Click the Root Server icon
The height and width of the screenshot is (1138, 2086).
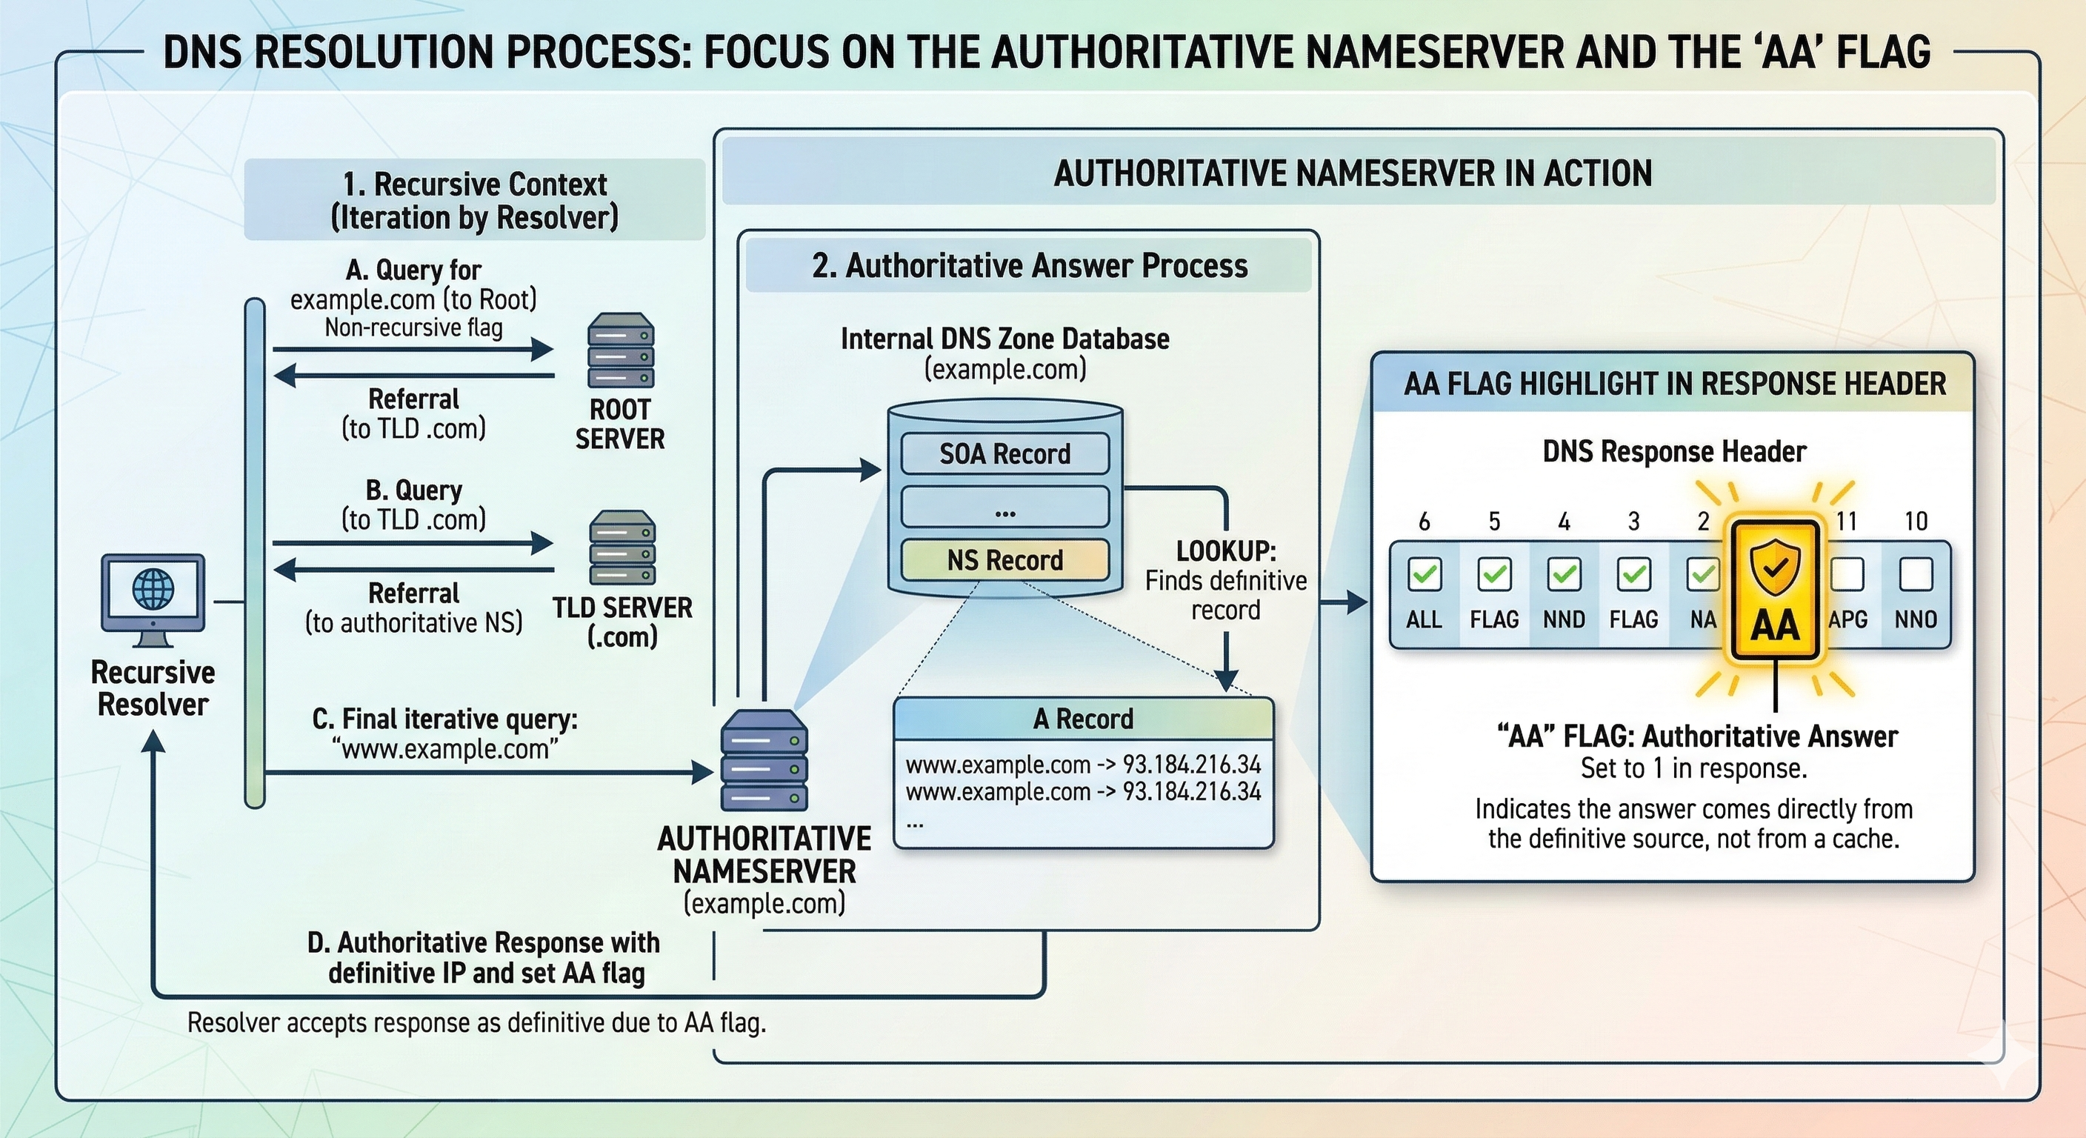[x=621, y=350]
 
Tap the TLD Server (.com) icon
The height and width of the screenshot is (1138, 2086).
[x=622, y=547]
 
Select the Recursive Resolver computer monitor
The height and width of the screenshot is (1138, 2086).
[x=153, y=593]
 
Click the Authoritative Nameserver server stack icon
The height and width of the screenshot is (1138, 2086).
[x=764, y=759]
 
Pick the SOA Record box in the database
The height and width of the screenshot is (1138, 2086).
[x=1005, y=453]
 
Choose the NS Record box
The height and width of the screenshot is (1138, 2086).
[x=1005, y=559]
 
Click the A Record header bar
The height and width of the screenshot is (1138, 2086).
[x=1084, y=719]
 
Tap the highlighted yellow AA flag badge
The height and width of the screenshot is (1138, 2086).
[x=1775, y=590]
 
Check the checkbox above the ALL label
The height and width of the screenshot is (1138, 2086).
[x=1424, y=574]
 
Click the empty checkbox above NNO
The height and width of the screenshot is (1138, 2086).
[x=1916, y=574]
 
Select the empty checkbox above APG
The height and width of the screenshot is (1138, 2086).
[x=1847, y=574]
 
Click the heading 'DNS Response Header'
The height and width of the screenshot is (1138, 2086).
[x=1674, y=451]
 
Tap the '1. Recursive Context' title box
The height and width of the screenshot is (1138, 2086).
[x=475, y=200]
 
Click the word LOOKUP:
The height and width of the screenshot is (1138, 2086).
[x=1226, y=550]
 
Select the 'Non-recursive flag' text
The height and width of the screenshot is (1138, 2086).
[x=413, y=328]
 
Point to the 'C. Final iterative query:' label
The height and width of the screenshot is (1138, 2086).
[x=445, y=719]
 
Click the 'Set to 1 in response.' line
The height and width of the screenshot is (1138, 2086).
[x=1694, y=768]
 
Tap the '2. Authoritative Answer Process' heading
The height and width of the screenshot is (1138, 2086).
[x=1029, y=266]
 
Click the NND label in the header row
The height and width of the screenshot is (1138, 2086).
[x=1564, y=619]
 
